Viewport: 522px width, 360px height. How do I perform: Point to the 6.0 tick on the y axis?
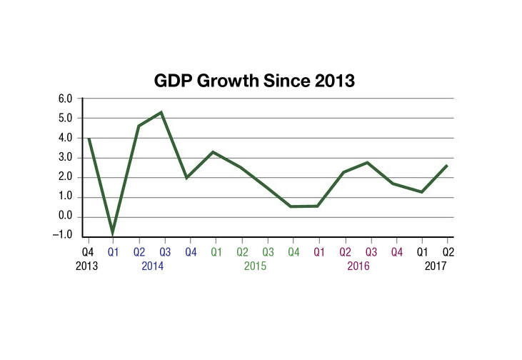(65, 99)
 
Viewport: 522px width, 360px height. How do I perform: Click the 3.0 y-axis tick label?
(65, 158)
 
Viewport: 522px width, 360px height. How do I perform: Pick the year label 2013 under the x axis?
(87, 266)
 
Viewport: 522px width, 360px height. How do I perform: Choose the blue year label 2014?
(151, 266)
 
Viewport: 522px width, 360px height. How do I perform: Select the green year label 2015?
(255, 266)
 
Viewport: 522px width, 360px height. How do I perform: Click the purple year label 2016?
(358, 266)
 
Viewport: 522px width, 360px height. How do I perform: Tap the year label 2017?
(435, 266)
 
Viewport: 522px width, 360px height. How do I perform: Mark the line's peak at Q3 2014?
(163, 112)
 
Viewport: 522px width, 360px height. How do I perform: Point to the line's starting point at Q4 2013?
(88, 139)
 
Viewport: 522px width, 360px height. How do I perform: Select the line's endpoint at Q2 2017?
(448, 165)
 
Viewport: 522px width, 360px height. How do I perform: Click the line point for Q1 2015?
(214, 151)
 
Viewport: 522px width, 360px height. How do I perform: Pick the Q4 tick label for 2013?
(87, 251)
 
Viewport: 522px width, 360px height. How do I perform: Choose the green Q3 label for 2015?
(267, 251)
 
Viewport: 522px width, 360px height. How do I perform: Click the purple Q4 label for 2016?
(396, 251)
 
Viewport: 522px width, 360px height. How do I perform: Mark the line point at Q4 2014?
(187, 178)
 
